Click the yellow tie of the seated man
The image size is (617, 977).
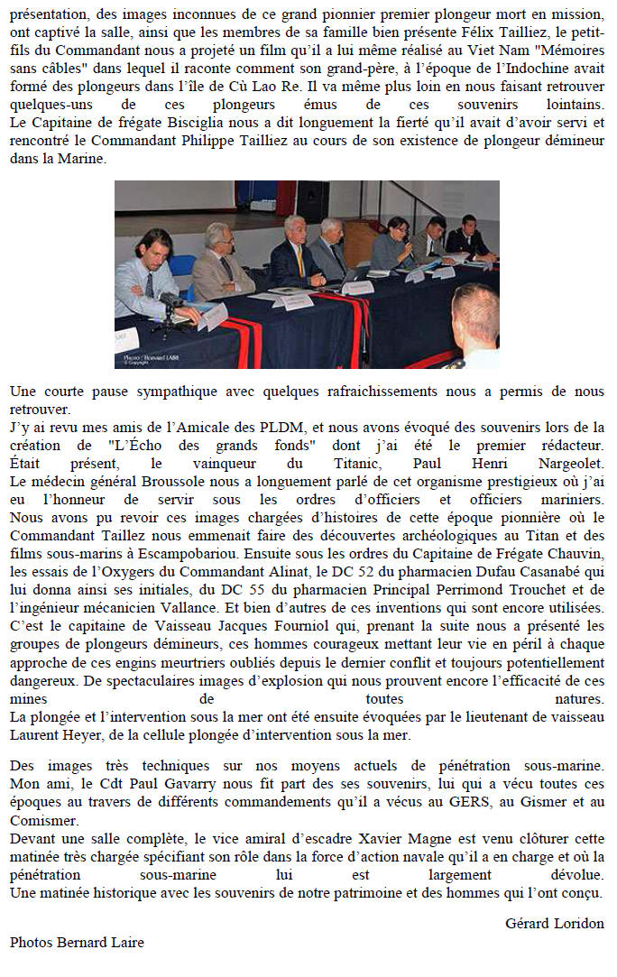coord(299,261)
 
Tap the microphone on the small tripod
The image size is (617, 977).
coord(170,300)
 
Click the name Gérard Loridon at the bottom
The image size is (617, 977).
coord(554,923)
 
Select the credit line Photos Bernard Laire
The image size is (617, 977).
coord(77,942)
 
